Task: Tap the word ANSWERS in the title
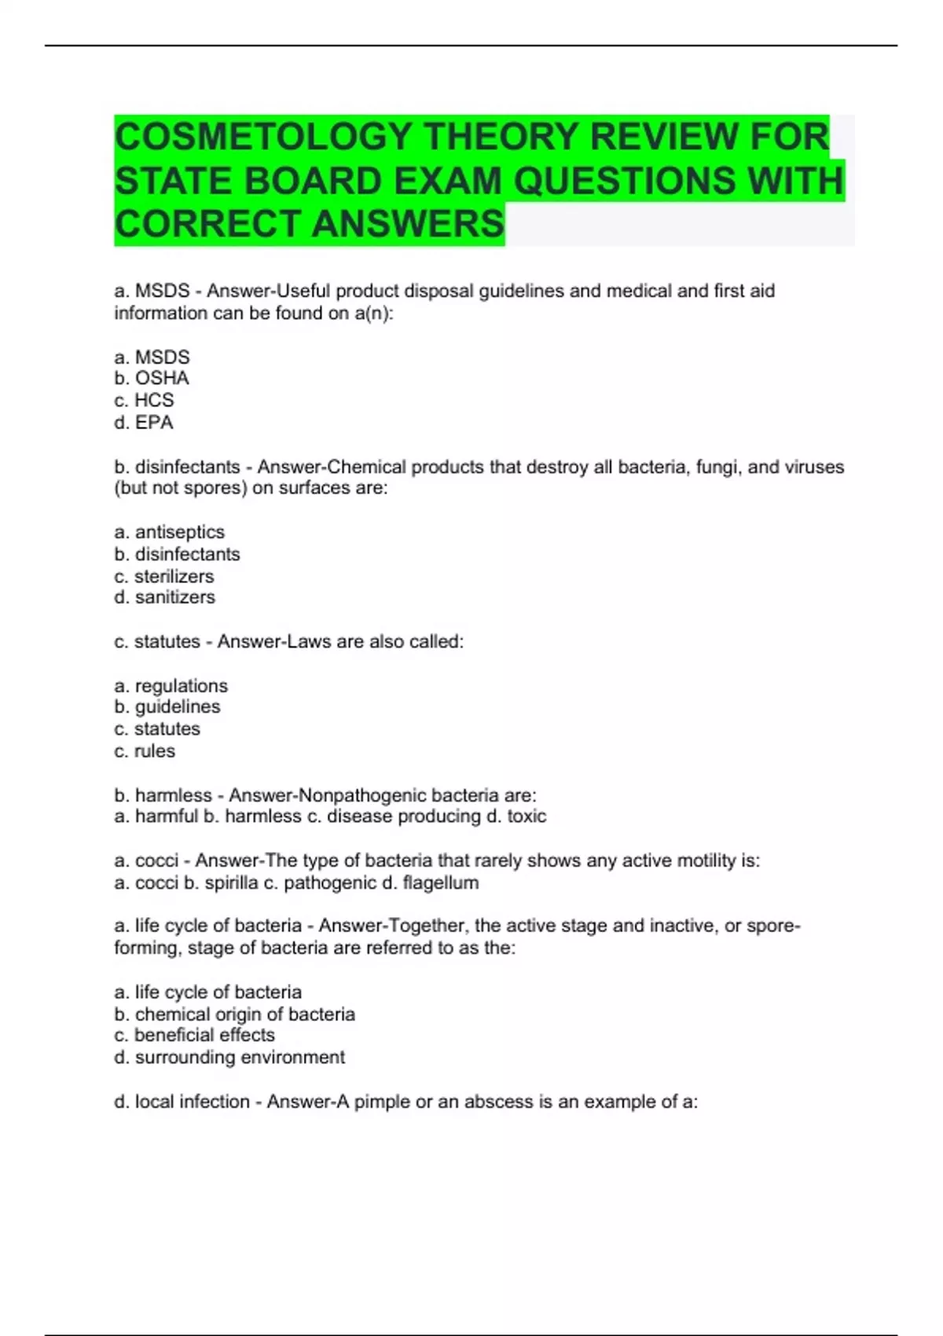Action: pos(408,224)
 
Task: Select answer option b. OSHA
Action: pos(152,378)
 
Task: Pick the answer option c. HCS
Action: pos(144,400)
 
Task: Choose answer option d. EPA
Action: pos(144,423)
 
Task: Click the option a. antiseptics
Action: pos(169,532)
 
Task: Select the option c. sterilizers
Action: pos(163,576)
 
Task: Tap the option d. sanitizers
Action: pos(164,597)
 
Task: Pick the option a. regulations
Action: pos(171,686)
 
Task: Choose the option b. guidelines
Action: pos(167,707)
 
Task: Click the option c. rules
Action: pos(145,751)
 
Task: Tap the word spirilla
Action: pos(231,883)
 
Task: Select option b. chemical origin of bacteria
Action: pos(234,1015)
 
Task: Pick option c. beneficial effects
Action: pos(194,1035)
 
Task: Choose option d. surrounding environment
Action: pos(229,1058)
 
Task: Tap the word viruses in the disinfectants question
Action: pos(813,467)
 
